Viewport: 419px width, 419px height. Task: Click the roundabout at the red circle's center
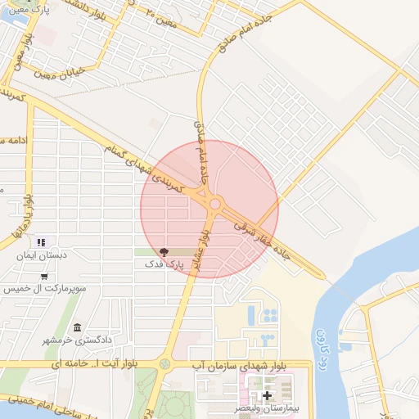[x=215, y=204]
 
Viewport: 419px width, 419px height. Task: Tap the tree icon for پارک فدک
[x=164, y=252]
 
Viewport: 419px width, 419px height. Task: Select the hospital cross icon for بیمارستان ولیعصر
[x=267, y=394]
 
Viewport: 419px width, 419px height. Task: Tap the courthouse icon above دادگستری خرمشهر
[x=77, y=327]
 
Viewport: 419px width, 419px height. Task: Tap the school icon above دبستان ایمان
[x=41, y=242]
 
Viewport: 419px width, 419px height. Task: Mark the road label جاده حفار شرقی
[x=261, y=239]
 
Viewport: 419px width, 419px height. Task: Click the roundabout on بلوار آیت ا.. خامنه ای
[x=164, y=363]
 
